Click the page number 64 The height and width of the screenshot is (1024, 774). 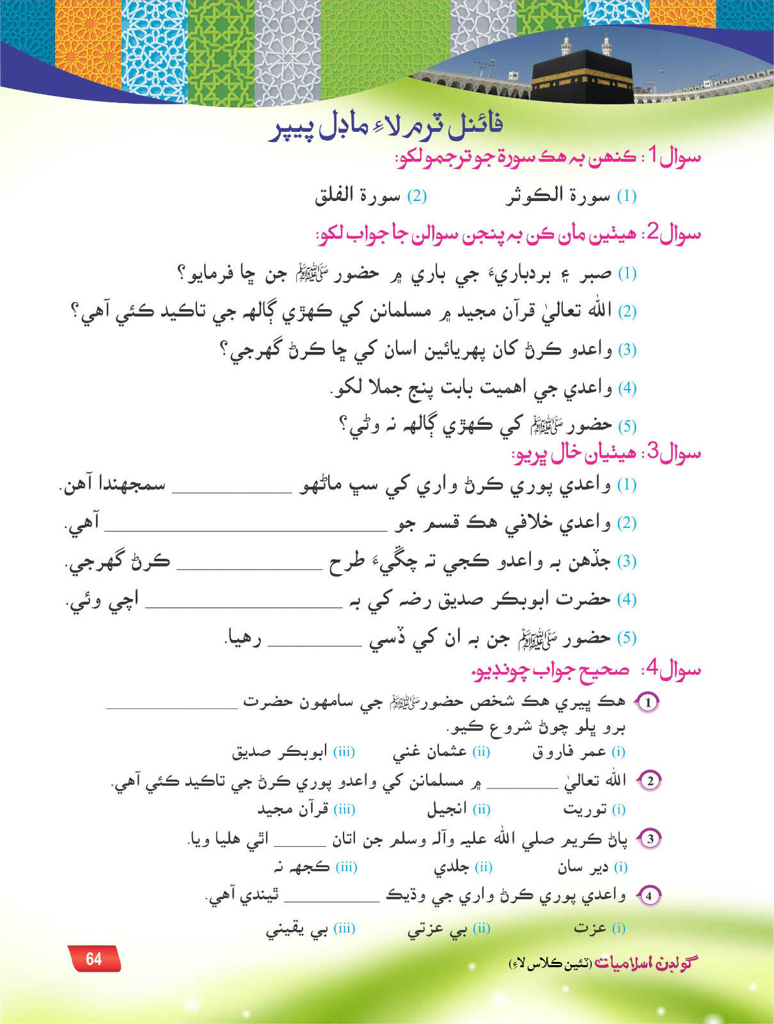click(x=94, y=959)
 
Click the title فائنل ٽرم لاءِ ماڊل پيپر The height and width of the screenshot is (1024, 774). click(x=386, y=125)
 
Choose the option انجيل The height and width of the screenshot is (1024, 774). click(x=448, y=810)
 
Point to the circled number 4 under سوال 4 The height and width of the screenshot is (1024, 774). click(x=649, y=896)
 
